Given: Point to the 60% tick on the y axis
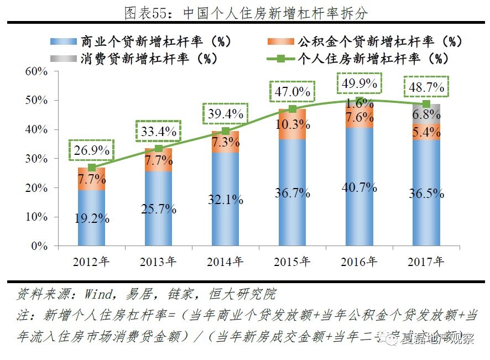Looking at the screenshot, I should click(37, 72).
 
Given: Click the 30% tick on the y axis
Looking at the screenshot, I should click(37, 159).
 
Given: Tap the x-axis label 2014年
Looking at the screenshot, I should click(225, 262).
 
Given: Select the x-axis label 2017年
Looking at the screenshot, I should click(426, 262).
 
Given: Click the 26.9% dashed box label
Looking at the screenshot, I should click(91, 150).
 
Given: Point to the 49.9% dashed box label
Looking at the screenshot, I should click(359, 84).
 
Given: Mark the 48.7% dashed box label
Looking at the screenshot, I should click(426, 87).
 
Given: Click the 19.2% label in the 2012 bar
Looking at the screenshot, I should click(91, 217).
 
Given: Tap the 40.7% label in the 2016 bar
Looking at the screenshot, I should click(359, 188).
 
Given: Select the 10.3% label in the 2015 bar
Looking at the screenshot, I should click(292, 124).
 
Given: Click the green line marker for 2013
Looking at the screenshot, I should click(159, 148).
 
